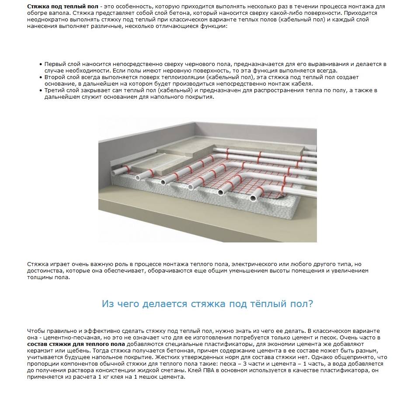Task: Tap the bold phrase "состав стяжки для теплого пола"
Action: coord(76,345)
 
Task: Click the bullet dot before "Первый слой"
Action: coord(41,64)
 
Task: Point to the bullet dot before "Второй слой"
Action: coord(41,77)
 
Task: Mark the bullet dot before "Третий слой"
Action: coord(41,90)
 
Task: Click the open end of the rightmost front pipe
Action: coord(253,199)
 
